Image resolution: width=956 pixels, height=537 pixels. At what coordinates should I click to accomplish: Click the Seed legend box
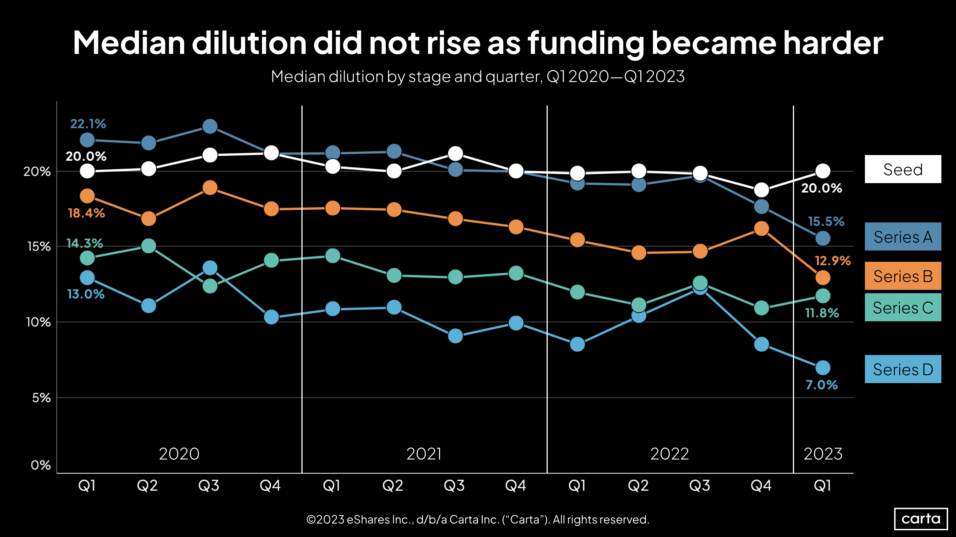903,169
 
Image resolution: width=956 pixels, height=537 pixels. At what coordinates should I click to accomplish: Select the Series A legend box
903,237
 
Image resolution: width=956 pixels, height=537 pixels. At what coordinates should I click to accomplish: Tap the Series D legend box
903,369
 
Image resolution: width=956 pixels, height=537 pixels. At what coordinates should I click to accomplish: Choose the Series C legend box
903,307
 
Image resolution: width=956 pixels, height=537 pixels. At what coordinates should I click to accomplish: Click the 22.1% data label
88,124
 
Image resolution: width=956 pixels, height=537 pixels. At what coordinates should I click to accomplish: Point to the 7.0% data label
821,385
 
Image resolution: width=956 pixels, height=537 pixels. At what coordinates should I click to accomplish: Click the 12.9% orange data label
832,261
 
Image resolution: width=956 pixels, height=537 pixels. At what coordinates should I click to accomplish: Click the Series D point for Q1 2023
823,368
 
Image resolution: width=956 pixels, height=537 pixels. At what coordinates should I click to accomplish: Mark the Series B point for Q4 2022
761,229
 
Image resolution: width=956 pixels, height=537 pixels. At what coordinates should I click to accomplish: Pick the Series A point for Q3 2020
210,126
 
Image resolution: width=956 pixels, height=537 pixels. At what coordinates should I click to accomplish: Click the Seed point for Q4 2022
761,190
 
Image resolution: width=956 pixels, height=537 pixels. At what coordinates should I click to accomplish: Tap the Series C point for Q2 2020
148,246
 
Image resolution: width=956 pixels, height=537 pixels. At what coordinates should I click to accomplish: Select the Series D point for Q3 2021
455,336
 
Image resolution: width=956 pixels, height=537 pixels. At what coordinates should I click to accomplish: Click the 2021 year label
424,454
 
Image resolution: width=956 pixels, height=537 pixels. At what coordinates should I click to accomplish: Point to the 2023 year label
823,454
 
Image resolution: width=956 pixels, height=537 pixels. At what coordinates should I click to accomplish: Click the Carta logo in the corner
921,518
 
